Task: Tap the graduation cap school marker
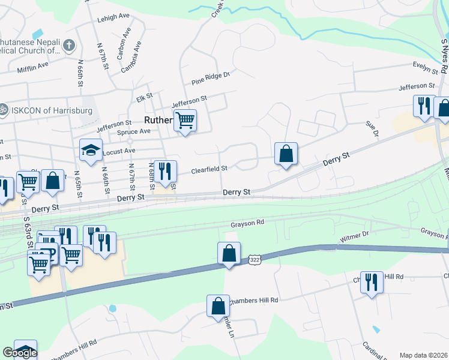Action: (x=91, y=151)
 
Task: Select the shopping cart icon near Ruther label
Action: (x=185, y=121)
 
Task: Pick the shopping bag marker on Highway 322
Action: (x=229, y=253)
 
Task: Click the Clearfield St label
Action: (x=209, y=170)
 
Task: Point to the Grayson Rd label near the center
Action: (x=247, y=224)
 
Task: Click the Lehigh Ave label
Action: (x=113, y=19)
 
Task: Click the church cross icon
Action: (x=69, y=45)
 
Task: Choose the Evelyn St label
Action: (x=426, y=65)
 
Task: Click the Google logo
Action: (x=19, y=353)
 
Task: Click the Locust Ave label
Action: (x=119, y=152)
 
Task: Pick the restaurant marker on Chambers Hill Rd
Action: (x=372, y=281)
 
